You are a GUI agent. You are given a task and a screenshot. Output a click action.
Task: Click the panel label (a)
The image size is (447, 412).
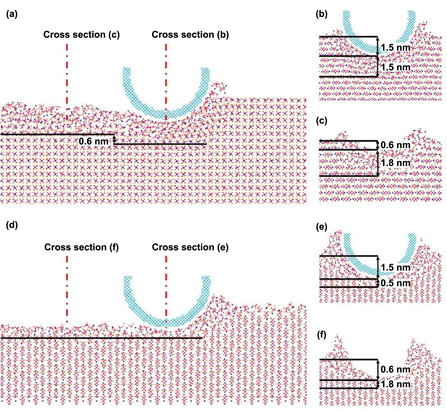point(12,14)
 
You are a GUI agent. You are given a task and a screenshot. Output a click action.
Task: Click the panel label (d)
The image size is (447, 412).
point(12,225)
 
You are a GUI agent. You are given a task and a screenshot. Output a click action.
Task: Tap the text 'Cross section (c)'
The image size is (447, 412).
point(81,35)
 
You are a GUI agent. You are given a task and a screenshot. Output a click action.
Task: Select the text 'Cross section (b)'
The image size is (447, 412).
point(190,35)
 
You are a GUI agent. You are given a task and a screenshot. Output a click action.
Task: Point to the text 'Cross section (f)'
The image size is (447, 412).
point(81,247)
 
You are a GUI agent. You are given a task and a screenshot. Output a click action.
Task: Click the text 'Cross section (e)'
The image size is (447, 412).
point(190,247)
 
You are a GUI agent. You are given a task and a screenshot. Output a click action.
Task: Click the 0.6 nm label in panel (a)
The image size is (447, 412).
point(94,141)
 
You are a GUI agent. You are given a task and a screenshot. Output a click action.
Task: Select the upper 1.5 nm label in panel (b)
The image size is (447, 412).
point(395,47)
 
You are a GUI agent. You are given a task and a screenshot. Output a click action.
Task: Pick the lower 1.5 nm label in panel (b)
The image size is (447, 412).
point(395,67)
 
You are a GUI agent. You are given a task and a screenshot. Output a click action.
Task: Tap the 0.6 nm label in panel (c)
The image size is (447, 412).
point(395,145)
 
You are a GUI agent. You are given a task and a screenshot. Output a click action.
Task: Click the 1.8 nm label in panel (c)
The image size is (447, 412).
point(395,163)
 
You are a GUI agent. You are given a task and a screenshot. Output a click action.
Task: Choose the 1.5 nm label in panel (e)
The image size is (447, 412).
point(395,268)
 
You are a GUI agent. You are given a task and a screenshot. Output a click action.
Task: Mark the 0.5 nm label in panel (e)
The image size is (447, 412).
point(395,283)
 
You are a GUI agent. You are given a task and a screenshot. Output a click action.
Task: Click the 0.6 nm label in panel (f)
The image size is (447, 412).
point(395,369)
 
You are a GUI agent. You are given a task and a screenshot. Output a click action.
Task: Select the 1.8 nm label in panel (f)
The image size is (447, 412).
point(395,384)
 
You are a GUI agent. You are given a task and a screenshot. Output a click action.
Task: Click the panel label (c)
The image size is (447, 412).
point(322,121)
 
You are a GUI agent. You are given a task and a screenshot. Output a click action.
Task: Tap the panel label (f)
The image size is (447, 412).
point(322,334)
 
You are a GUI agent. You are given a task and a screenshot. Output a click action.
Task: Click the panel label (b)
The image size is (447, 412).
point(322,14)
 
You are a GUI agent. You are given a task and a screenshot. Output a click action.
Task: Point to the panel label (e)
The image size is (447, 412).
point(322,227)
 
